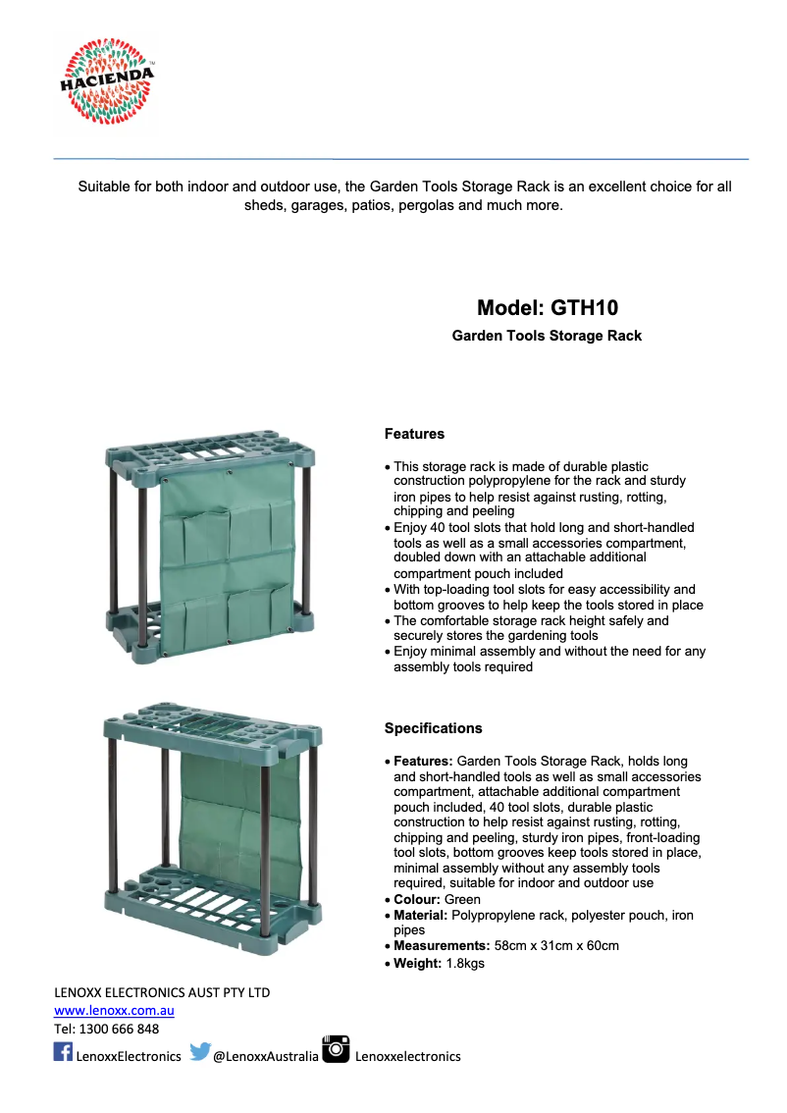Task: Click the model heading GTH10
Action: pyautogui.click(x=547, y=307)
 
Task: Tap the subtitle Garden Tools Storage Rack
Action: pyautogui.click(x=547, y=336)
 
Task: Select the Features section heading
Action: pyautogui.click(x=414, y=433)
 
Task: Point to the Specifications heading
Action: pyautogui.click(x=433, y=728)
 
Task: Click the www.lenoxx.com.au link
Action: pyautogui.click(x=114, y=1010)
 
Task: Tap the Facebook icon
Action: pyautogui.click(x=62, y=1052)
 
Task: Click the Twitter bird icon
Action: pyautogui.click(x=200, y=1052)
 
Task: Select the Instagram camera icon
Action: pyautogui.click(x=336, y=1048)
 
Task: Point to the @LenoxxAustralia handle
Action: pyautogui.click(x=266, y=1056)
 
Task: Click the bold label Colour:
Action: pyautogui.click(x=417, y=899)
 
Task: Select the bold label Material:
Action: pyautogui.click(x=421, y=915)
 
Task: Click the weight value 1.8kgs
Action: pyautogui.click(x=465, y=963)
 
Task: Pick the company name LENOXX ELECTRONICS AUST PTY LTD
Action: pyautogui.click(x=162, y=992)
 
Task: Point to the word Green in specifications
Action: pyautogui.click(x=462, y=899)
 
